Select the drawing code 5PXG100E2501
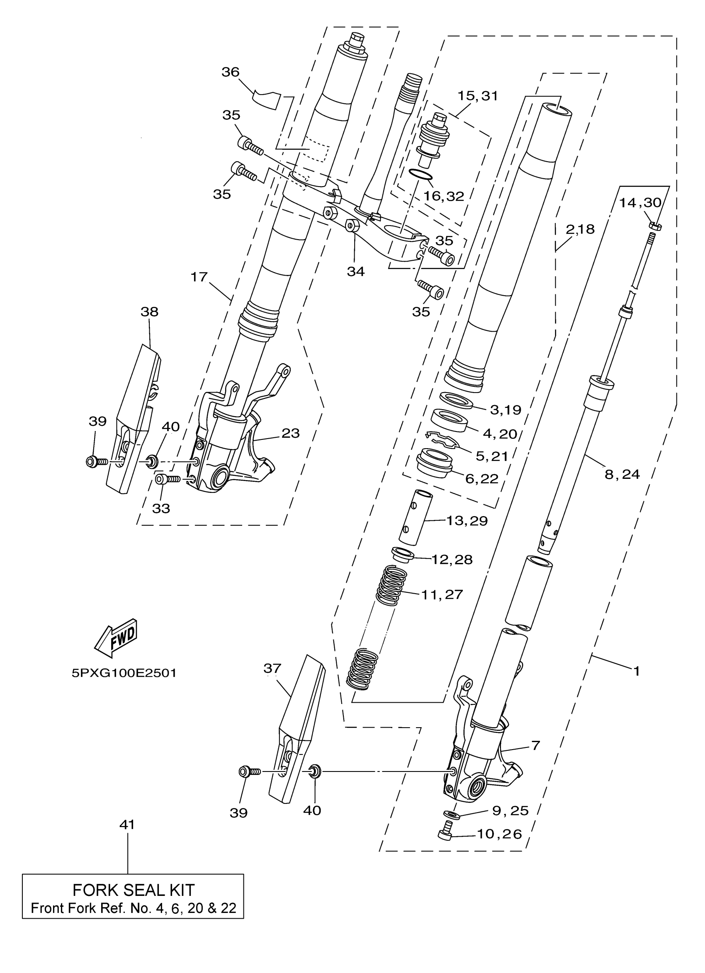tap(124, 673)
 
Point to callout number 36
tap(231, 72)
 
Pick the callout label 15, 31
tap(477, 96)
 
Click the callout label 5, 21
tap(492, 456)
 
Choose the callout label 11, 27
tap(442, 594)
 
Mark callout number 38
tap(149, 312)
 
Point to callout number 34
tap(356, 271)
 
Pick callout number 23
tap(290, 433)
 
